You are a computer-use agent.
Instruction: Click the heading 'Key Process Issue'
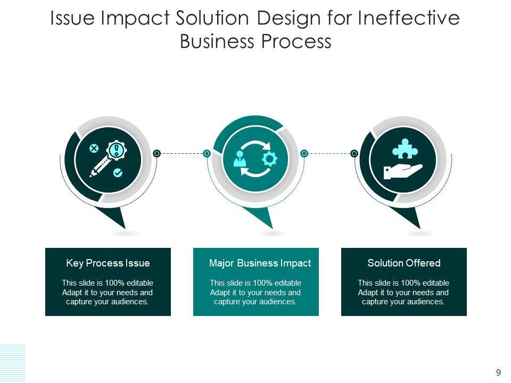point(108,263)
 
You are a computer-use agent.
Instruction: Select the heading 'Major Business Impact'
point(260,263)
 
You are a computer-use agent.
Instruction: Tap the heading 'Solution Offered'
point(404,263)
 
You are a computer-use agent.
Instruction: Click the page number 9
point(498,372)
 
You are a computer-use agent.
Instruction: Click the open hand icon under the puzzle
point(402,171)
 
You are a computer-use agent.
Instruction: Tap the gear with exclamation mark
point(117,149)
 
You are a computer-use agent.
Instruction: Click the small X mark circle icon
point(94,148)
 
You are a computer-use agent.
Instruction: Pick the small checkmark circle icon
point(118,172)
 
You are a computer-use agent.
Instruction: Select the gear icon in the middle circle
point(270,159)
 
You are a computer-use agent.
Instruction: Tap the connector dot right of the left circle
point(156,153)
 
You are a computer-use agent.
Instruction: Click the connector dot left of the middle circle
point(207,153)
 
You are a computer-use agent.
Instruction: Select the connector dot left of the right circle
point(354,153)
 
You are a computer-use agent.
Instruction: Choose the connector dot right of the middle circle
point(304,153)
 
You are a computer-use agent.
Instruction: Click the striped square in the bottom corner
point(12,363)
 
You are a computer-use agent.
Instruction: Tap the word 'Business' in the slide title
point(219,41)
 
